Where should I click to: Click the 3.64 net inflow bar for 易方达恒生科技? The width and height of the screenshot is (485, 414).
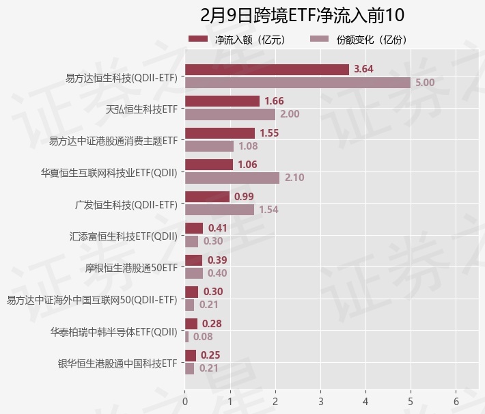tap(267, 70)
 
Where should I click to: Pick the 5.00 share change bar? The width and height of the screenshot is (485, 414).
tap(298, 83)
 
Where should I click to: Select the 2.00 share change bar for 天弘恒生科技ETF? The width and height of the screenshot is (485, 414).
tap(230, 114)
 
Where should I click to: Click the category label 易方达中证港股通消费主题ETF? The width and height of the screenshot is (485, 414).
tap(113, 141)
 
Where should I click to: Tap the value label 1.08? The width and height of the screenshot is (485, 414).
tap(248, 146)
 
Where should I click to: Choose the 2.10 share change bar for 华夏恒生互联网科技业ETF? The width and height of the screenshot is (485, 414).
tap(232, 178)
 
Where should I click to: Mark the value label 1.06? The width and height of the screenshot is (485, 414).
tap(248, 165)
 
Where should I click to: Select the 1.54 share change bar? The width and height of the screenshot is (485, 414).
tap(219, 210)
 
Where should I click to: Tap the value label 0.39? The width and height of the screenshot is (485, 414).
tap(217, 260)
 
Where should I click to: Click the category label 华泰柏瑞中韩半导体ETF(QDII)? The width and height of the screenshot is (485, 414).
tap(114, 332)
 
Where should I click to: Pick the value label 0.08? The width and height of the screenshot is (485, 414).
tap(203, 337)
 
